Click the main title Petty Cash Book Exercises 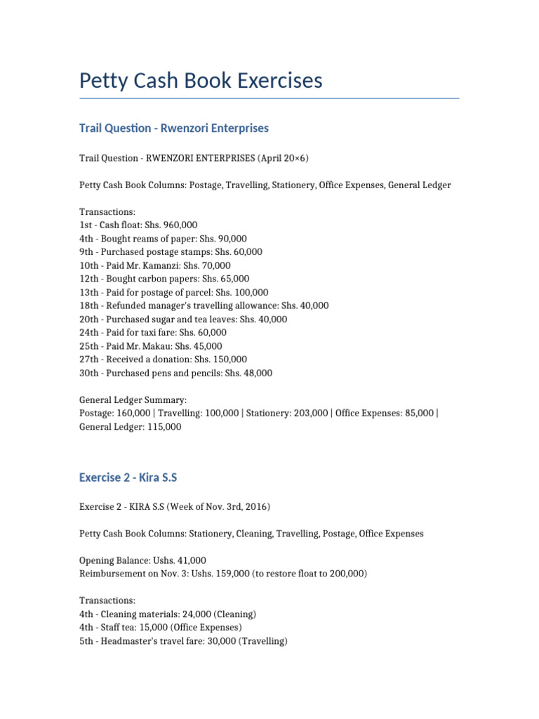pos(201,81)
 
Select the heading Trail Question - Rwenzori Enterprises pos(174,128)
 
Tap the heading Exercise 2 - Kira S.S pos(128,477)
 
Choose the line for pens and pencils pos(175,373)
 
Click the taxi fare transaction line pos(153,333)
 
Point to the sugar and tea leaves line pos(182,319)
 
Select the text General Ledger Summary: pos(133,400)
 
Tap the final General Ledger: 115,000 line pos(130,426)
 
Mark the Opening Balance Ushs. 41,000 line pos(142,560)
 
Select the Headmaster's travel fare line pos(183,641)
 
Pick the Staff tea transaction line pos(160,627)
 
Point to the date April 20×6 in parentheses pos(283,158)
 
